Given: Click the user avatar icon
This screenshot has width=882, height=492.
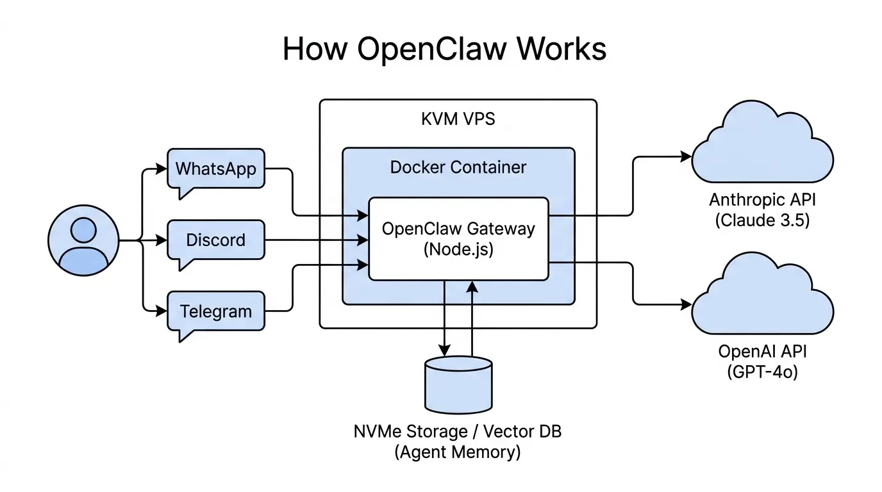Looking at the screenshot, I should tap(83, 241).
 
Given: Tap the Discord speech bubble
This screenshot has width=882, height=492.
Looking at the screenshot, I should tap(215, 240).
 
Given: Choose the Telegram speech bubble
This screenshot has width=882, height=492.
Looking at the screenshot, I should tap(215, 311).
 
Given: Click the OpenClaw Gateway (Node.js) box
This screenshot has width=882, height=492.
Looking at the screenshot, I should tap(458, 238).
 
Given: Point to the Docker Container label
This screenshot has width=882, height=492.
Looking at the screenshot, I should tap(458, 167).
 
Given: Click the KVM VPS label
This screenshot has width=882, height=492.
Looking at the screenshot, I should tap(458, 119).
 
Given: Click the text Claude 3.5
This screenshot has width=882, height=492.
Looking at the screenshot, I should tap(763, 221).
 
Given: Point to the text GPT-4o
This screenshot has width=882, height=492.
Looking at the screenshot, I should tap(763, 372).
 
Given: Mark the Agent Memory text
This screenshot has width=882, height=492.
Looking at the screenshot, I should tap(458, 452).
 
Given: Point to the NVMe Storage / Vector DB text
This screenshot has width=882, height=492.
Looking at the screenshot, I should tap(458, 431).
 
